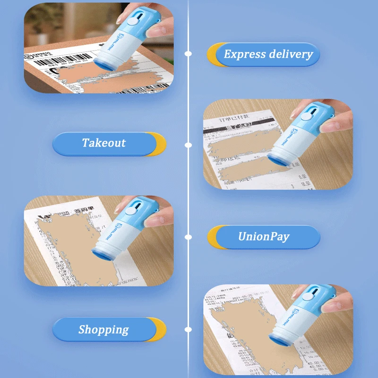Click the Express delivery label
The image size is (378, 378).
pos(268,54)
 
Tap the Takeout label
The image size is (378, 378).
pos(104,143)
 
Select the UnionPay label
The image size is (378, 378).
pos(264,236)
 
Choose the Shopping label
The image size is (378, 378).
pos(103,329)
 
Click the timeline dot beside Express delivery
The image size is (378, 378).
pos(188,54)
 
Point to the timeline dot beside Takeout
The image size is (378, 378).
pos(188,145)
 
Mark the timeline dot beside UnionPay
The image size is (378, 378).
pos(188,237)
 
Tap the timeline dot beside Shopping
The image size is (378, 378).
pos(188,329)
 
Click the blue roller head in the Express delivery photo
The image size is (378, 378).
pos(103,66)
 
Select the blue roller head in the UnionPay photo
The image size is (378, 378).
pos(104,253)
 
